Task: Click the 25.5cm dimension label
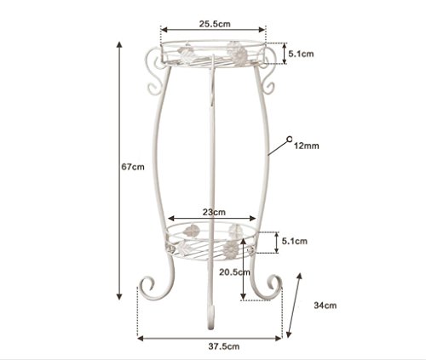click(x=215, y=24)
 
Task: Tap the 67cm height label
click(x=133, y=167)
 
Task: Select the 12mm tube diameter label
click(x=306, y=146)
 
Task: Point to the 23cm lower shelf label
click(x=214, y=212)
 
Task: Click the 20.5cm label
click(x=234, y=272)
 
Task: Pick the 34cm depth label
click(x=325, y=306)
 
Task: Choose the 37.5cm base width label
click(x=224, y=346)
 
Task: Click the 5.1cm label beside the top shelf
click(x=301, y=54)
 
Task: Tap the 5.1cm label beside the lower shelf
click(x=295, y=241)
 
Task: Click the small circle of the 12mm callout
click(x=290, y=139)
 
